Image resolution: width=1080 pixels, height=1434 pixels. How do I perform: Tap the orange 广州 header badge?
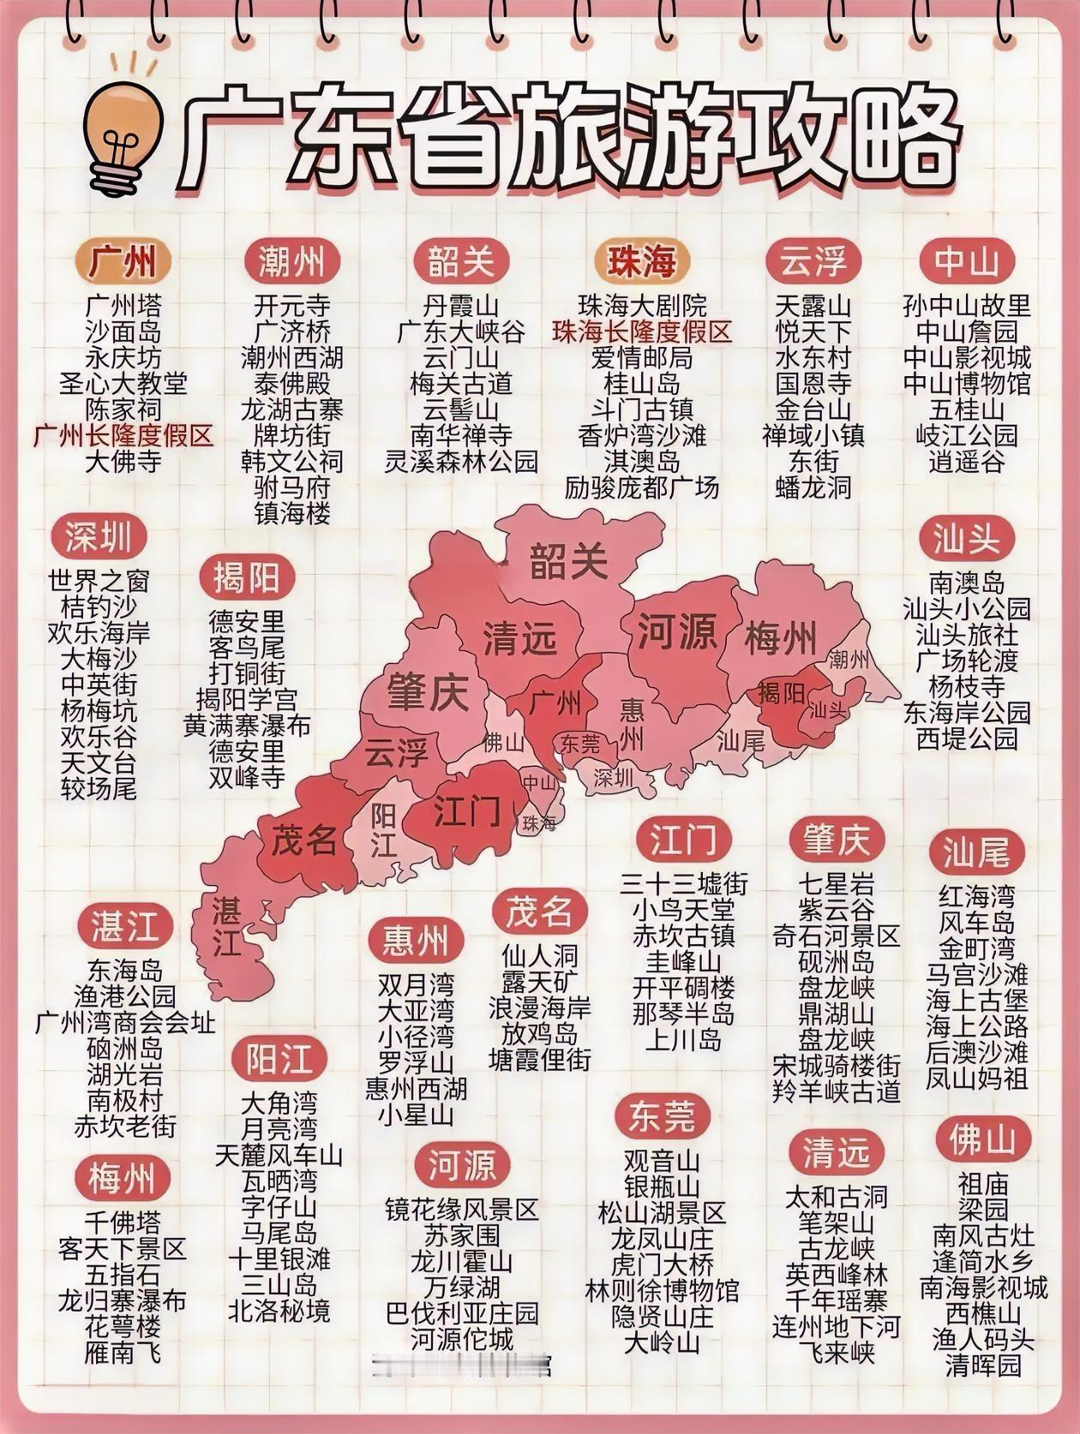tap(123, 260)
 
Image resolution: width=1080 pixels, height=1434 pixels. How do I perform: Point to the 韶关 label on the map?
tap(568, 561)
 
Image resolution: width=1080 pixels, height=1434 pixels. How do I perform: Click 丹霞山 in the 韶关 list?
tap(461, 306)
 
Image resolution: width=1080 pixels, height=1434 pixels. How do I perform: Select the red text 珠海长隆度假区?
tap(642, 332)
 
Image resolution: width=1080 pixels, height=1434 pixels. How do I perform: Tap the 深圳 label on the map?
tap(613, 777)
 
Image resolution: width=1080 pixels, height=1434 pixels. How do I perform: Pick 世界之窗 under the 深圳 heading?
tap(99, 581)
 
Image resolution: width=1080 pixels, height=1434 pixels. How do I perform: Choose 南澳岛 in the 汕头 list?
tap(967, 583)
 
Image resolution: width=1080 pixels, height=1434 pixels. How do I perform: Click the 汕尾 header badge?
tap(976, 852)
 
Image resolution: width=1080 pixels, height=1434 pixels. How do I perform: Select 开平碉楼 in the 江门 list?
tap(683, 987)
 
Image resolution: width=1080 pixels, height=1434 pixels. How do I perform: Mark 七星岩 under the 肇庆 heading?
tap(836, 883)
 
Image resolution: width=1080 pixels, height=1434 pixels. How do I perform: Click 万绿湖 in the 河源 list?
tap(461, 1287)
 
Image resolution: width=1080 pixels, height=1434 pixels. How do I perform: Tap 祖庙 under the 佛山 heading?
tap(982, 1184)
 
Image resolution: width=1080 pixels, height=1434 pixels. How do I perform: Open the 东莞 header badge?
tap(662, 1115)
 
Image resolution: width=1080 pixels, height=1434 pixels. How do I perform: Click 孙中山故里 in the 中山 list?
tap(967, 306)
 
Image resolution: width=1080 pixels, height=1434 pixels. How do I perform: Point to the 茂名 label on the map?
tap(303, 839)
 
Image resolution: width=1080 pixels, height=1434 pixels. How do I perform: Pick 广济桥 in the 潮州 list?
tap(291, 332)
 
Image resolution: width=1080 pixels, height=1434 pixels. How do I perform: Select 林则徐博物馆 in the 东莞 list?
tap(662, 1290)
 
